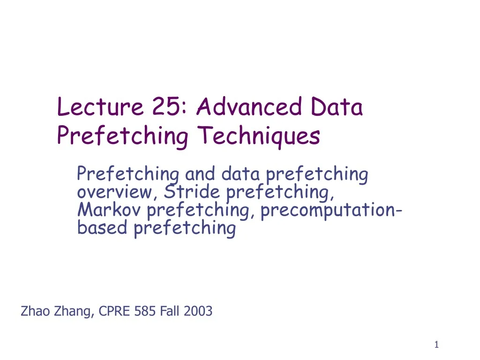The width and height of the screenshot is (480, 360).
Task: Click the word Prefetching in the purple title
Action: tap(122, 136)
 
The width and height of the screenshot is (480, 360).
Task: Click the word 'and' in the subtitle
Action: tap(201, 174)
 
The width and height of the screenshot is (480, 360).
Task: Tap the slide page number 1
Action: tap(436, 345)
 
